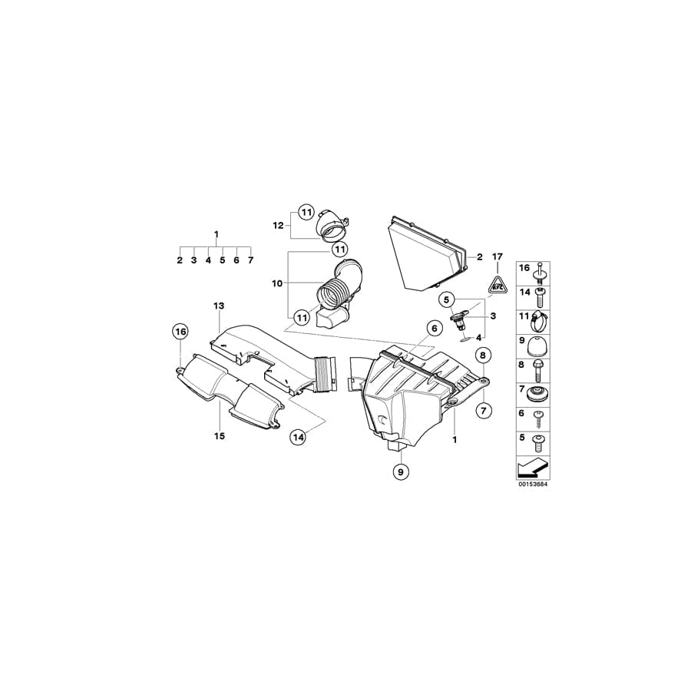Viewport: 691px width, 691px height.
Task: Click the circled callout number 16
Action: point(180,332)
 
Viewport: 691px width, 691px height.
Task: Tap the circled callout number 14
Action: point(298,437)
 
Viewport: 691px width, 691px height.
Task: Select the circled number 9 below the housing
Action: point(401,472)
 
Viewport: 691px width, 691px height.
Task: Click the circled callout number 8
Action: point(483,355)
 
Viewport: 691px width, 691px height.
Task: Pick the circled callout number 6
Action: point(434,329)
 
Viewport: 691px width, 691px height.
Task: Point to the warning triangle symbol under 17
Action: point(497,284)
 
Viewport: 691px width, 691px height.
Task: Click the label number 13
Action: point(219,306)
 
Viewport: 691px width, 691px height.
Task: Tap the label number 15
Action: point(219,436)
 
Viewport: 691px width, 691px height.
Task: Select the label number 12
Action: point(278,226)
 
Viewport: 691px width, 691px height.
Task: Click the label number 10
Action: point(276,284)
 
